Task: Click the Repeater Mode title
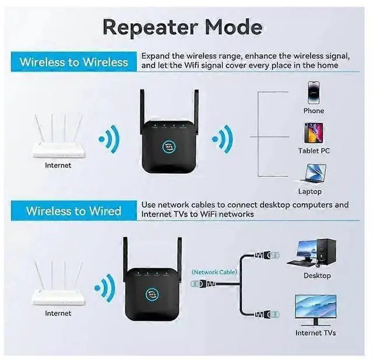coord(182,27)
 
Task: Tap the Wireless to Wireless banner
coord(74,62)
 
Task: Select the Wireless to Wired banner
coord(74,210)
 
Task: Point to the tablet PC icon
coord(314,133)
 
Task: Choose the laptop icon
coord(314,173)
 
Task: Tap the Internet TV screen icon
coord(315,309)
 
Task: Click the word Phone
coord(314,111)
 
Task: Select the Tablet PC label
coord(314,151)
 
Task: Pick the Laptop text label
coord(310,191)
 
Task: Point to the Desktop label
coord(317,276)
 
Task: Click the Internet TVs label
coord(315,333)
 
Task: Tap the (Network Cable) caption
coord(214,272)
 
